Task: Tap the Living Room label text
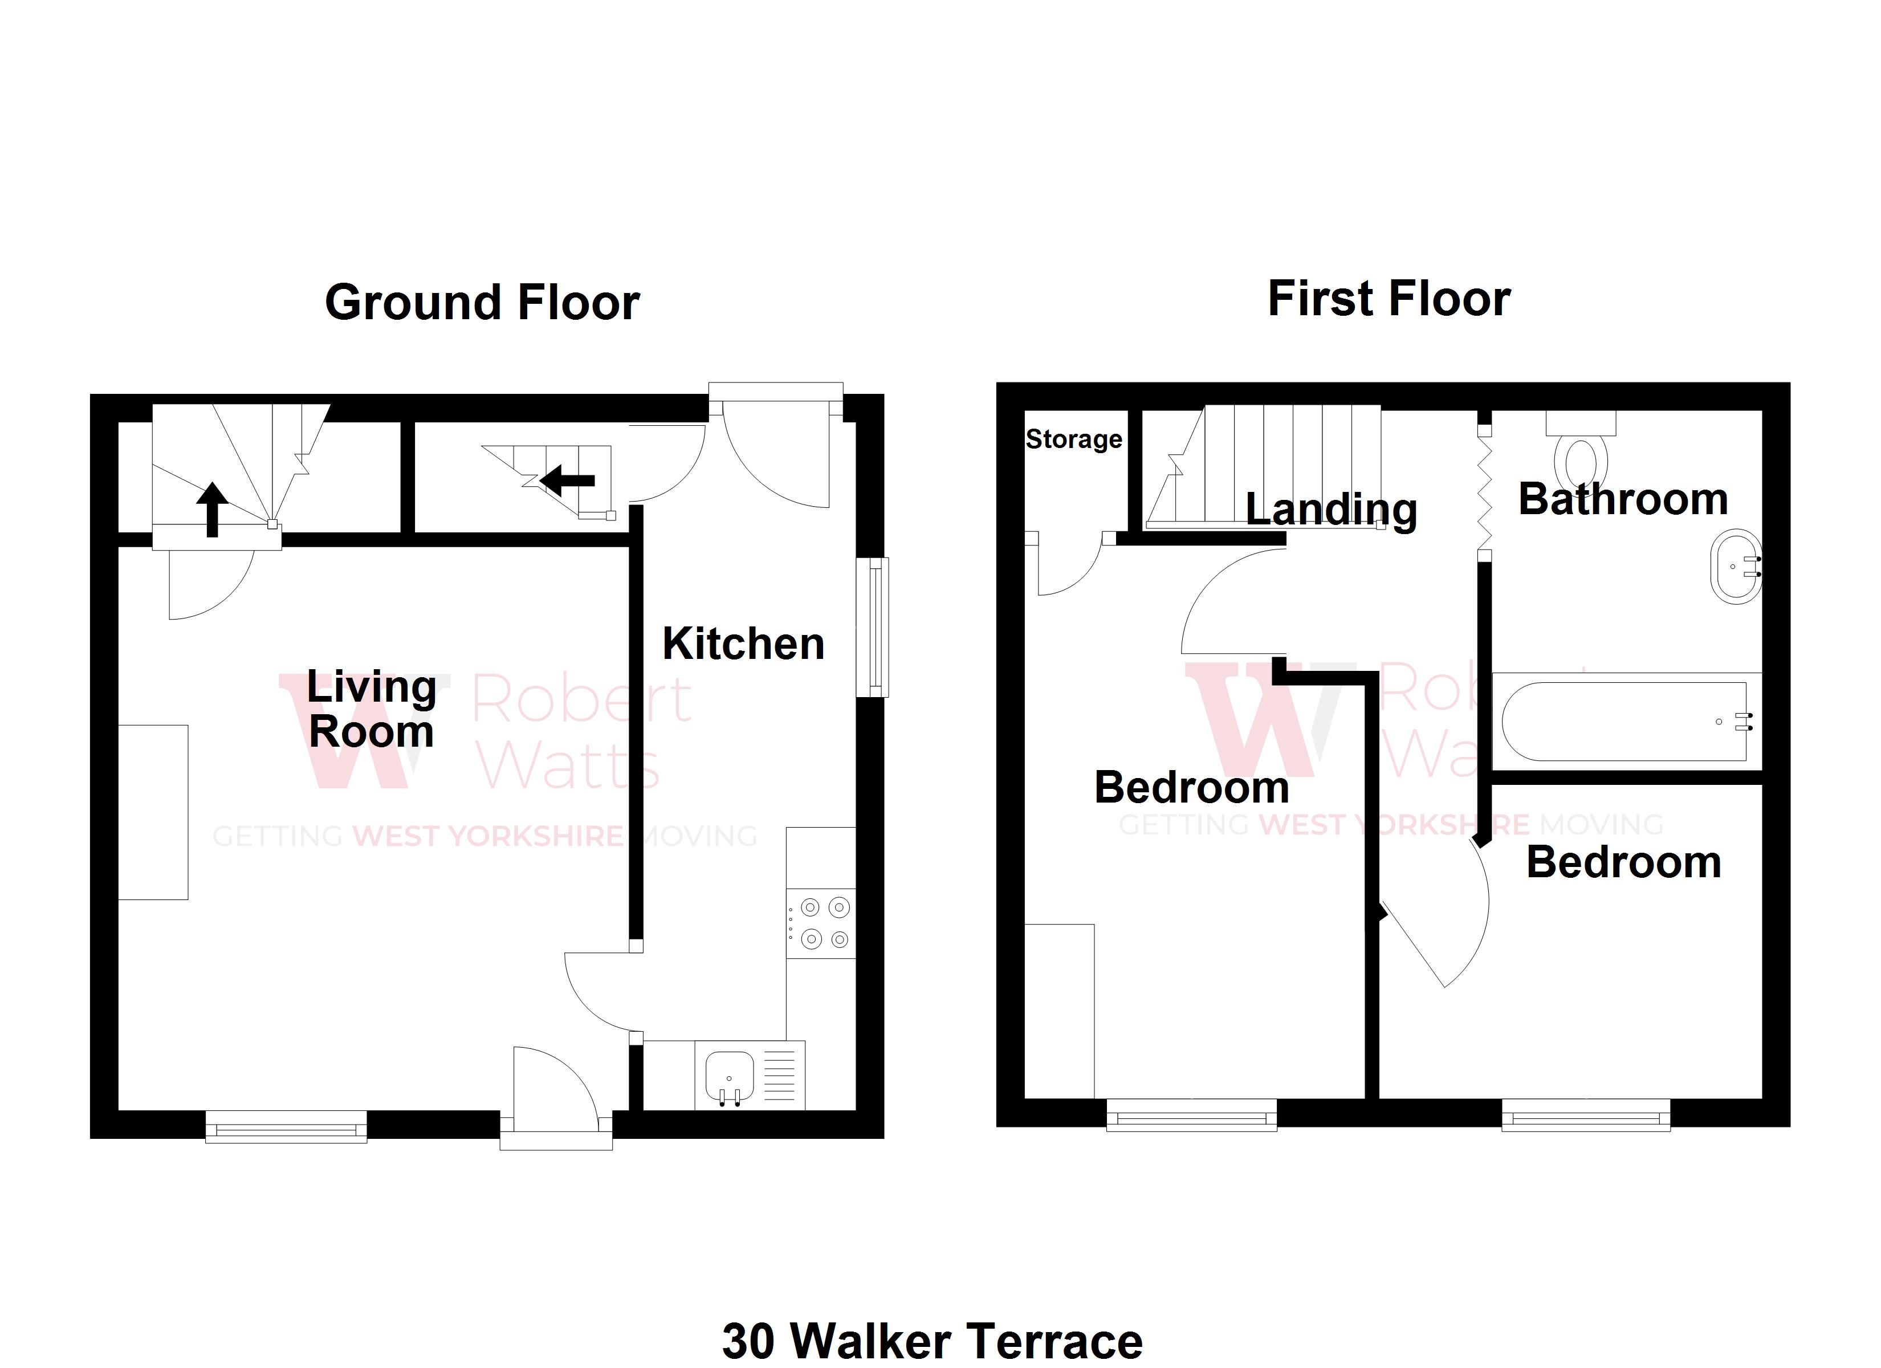(372, 709)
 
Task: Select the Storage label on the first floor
(1074, 439)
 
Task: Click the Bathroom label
(1623, 499)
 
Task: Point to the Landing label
(1331, 510)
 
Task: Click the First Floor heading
(1389, 299)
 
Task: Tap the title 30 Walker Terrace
(932, 1341)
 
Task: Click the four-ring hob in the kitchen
(821, 923)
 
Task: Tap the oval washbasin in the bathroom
(1735, 567)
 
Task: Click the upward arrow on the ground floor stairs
(212, 508)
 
